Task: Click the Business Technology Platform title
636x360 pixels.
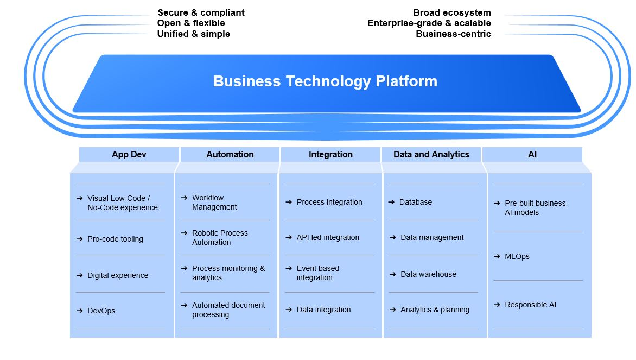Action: tap(325, 81)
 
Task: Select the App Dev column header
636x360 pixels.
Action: tap(129, 155)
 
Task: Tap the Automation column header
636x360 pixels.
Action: tap(230, 155)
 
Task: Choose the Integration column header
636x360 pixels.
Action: tap(330, 155)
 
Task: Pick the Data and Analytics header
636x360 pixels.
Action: tap(431, 155)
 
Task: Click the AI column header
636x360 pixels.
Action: tap(532, 155)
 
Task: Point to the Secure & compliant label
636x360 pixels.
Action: tap(201, 12)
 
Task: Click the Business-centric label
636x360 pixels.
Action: tap(453, 34)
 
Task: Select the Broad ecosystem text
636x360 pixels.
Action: tap(451, 12)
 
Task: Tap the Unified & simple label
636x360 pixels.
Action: tap(193, 34)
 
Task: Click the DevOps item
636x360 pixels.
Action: tap(101, 311)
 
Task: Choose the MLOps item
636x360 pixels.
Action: tap(517, 256)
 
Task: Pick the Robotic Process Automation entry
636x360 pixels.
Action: tap(220, 238)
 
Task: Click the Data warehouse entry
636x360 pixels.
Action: tap(428, 274)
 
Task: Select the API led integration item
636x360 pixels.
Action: tap(328, 237)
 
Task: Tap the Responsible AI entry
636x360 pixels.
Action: tap(530, 305)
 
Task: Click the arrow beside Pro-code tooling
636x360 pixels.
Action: tap(80, 239)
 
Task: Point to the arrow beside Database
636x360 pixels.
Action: tap(391, 202)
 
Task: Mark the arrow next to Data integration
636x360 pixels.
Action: tap(289, 310)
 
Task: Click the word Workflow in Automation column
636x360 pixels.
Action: tap(208, 198)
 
